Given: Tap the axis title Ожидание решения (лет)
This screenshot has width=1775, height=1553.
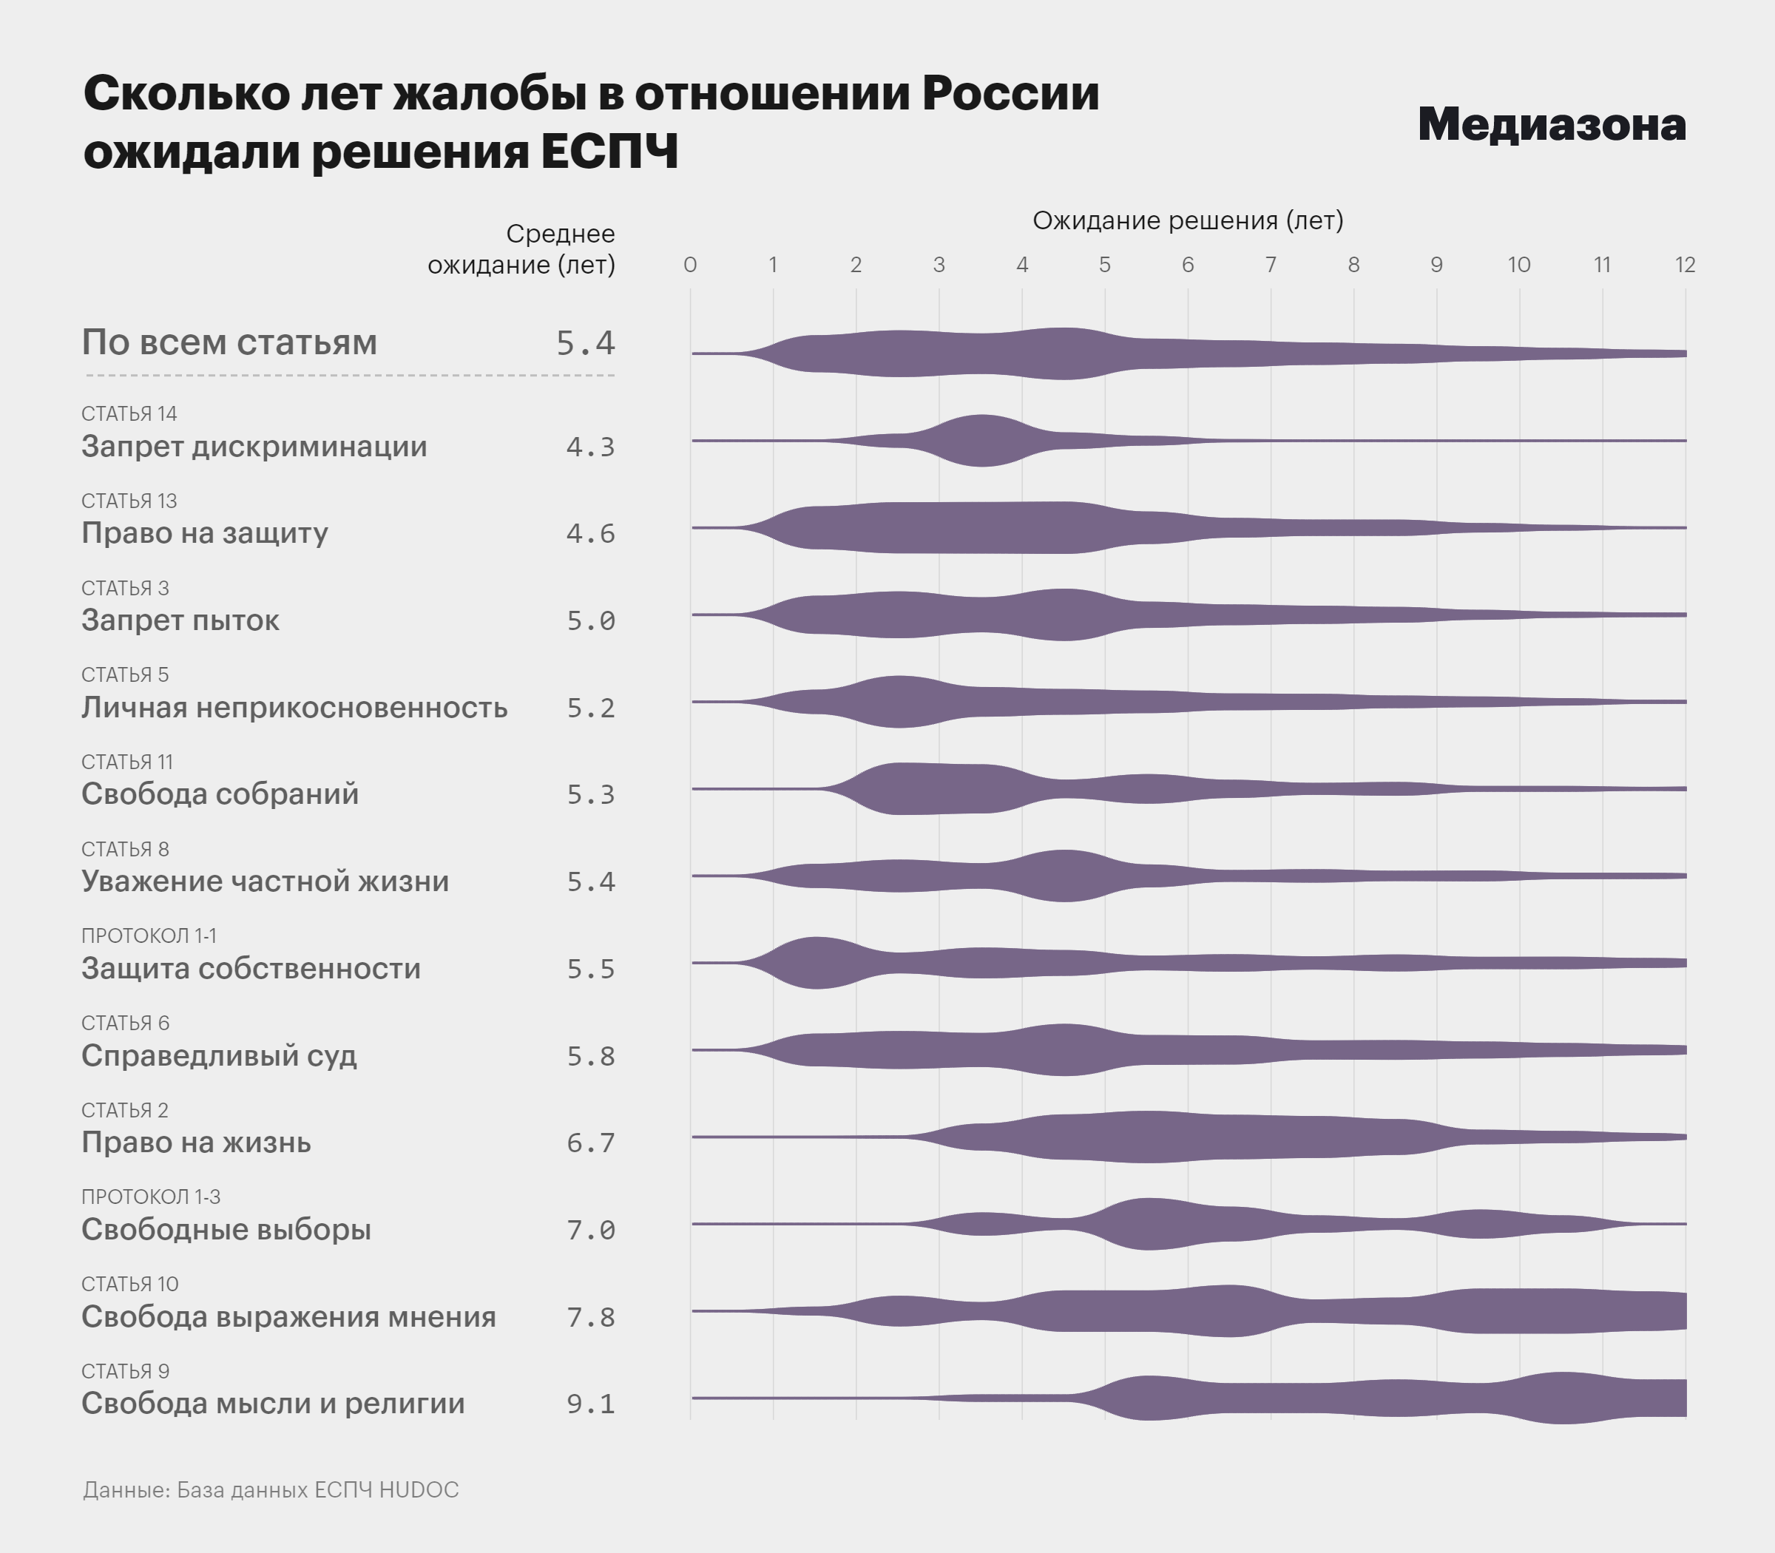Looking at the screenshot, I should coord(1187,220).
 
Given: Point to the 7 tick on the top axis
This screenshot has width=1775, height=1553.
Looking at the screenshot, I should coord(1271,264).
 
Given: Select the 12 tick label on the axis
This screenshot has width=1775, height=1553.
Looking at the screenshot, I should coord(1684,264).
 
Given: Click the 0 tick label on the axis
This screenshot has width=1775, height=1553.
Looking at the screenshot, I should coord(690,264).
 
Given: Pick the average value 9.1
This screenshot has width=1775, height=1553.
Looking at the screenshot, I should coord(590,1403).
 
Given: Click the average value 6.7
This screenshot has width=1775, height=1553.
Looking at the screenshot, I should coord(590,1143).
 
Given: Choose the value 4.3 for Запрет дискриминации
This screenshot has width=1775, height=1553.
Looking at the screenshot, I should coord(590,447).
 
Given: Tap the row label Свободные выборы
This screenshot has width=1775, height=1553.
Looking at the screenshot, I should coord(226,1229).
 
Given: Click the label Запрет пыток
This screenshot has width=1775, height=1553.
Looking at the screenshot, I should coord(180,620).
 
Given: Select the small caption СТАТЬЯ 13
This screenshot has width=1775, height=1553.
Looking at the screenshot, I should coord(129,501).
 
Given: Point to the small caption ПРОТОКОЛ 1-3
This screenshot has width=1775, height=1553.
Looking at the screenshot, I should coord(151,1197).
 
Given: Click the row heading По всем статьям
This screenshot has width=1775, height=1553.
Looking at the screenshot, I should coord(230,342).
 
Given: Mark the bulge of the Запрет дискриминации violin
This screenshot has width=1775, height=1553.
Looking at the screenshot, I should coord(981,440).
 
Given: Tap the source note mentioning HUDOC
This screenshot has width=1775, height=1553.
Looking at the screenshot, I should coord(271,1489).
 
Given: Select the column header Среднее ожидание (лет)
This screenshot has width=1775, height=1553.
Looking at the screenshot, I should coord(521,248).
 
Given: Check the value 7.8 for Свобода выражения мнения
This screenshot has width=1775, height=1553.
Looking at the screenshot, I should coord(590,1316).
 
